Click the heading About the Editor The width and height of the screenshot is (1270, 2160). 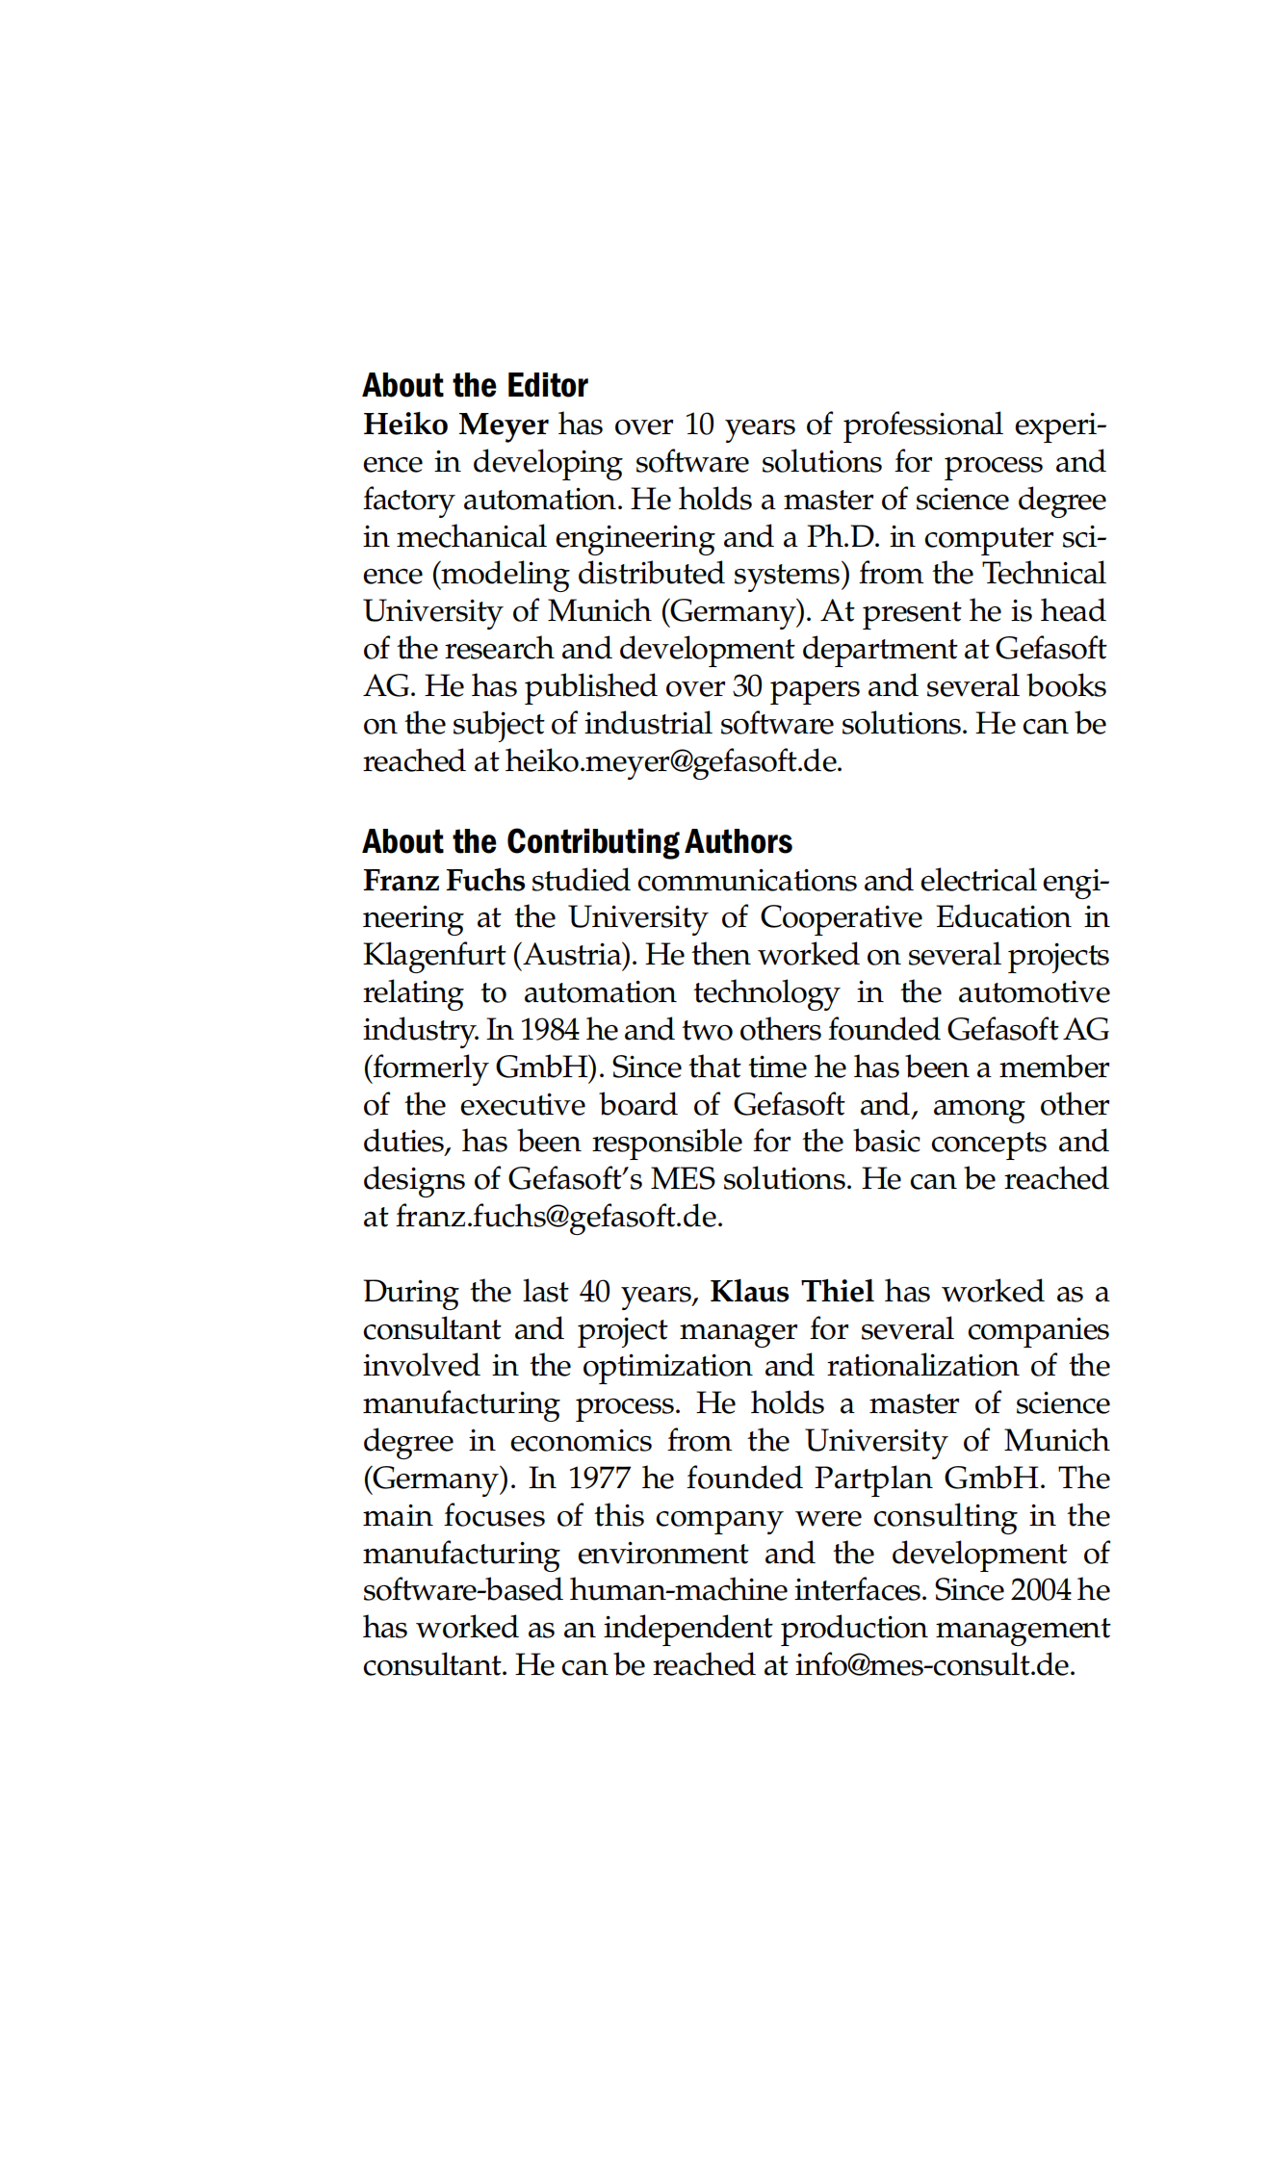click(475, 386)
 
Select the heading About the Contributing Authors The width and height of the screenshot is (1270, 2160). click(577, 842)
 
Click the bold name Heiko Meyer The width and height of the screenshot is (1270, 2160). click(455, 424)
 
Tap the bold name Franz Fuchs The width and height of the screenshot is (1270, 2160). click(444, 881)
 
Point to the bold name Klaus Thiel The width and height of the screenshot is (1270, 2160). click(791, 1291)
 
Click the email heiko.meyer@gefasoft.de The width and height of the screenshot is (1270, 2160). click(672, 761)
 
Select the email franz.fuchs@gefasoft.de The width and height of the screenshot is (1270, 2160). click(557, 1217)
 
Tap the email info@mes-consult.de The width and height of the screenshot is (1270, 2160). click(933, 1665)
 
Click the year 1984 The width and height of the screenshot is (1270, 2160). click(549, 1030)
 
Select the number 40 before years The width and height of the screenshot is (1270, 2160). click(595, 1292)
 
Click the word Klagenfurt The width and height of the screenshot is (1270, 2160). click(433, 955)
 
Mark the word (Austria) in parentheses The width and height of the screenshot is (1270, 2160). click(574, 955)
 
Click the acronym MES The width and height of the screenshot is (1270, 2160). click(682, 1179)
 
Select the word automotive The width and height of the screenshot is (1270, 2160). click(1033, 992)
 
